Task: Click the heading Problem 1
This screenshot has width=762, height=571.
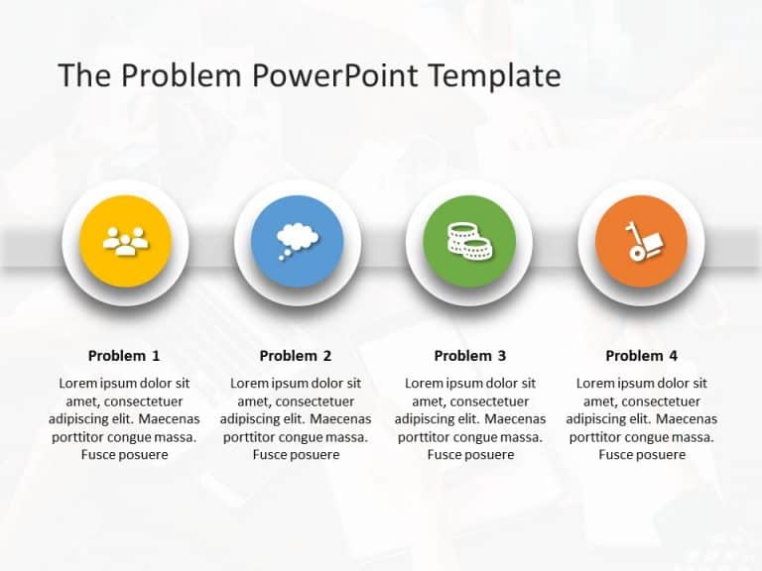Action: click(x=124, y=356)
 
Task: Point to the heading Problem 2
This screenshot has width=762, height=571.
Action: click(x=296, y=356)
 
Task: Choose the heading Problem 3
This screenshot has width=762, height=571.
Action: click(x=470, y=356)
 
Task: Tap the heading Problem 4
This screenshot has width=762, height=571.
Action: click(x=642, y=356)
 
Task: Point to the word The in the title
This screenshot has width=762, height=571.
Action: click(x=81, y=76)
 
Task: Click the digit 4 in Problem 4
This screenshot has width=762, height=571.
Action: click(x=674, y=356)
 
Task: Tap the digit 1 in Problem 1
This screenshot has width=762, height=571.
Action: click(x=156, y=356)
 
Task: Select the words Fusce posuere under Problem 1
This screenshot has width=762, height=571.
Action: click(x=124, y=455)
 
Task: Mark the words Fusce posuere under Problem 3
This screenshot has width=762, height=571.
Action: click(x=470, y=455)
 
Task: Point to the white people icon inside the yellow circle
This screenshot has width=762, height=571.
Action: click(x=125, y=241)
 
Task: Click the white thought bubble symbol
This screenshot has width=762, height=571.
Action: click(x=296, y=238)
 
